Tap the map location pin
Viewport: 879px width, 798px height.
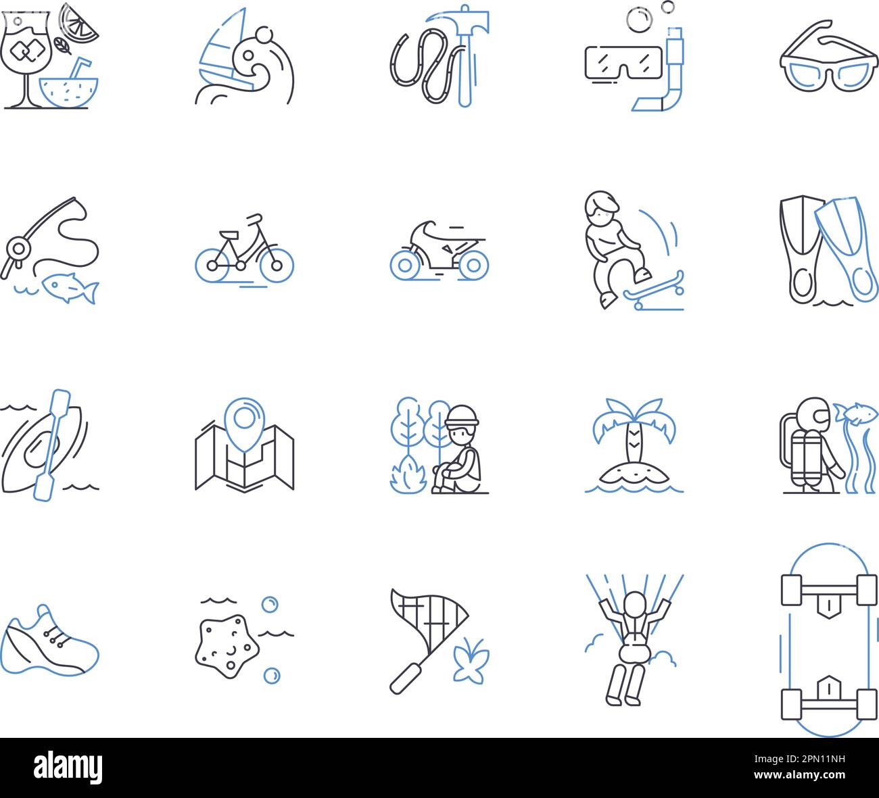pyautogui.click(x=244, y=420)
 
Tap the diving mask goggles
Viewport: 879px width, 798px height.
pyautogui.click(x=621, y=61)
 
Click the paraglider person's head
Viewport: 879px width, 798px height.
pyautogui.click(x=634, y=603)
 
